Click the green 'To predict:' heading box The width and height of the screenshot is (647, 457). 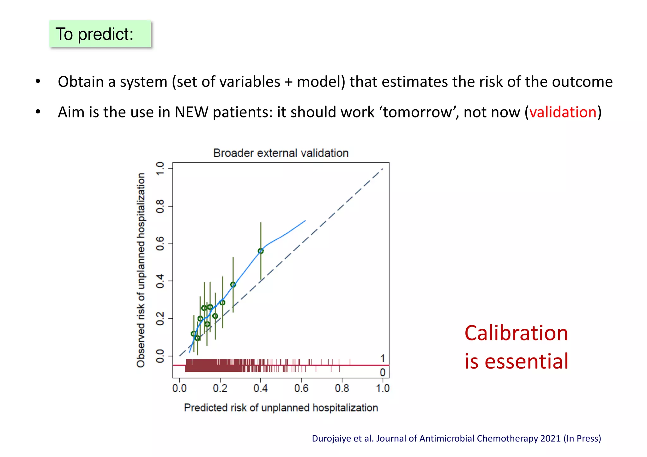100,34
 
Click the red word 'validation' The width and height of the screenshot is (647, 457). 563,112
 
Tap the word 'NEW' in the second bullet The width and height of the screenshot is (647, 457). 191,112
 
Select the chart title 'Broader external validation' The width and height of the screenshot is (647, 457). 281,153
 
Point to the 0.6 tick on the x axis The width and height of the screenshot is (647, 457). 301,388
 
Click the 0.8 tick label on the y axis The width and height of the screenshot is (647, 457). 160,206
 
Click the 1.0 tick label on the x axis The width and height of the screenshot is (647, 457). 383,388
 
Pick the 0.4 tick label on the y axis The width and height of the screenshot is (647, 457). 160,281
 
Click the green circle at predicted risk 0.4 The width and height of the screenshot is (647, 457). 261,251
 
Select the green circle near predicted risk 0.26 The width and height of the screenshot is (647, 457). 233,285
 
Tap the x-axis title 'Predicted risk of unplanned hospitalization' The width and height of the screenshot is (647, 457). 281,408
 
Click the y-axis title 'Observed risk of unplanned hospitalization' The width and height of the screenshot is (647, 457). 141,270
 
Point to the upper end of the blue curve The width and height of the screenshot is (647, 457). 305,221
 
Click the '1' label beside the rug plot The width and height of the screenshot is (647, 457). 383,358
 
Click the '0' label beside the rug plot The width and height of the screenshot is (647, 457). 383,373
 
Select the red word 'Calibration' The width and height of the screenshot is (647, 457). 516,333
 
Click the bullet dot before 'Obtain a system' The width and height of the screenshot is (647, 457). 38,81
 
